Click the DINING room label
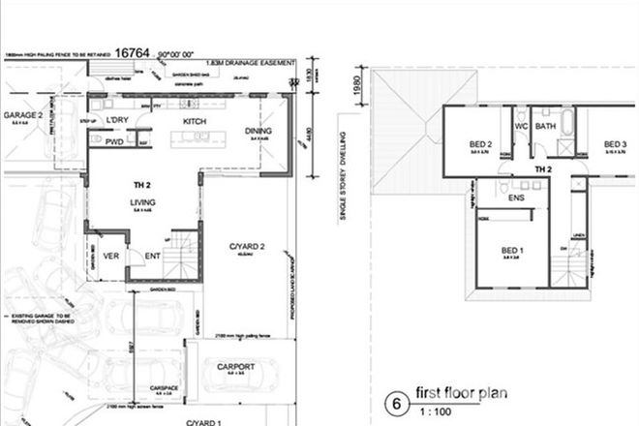259,131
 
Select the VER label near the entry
112,257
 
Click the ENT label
153,257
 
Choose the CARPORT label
235,367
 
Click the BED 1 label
511,249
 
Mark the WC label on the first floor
521,126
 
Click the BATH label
546,126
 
